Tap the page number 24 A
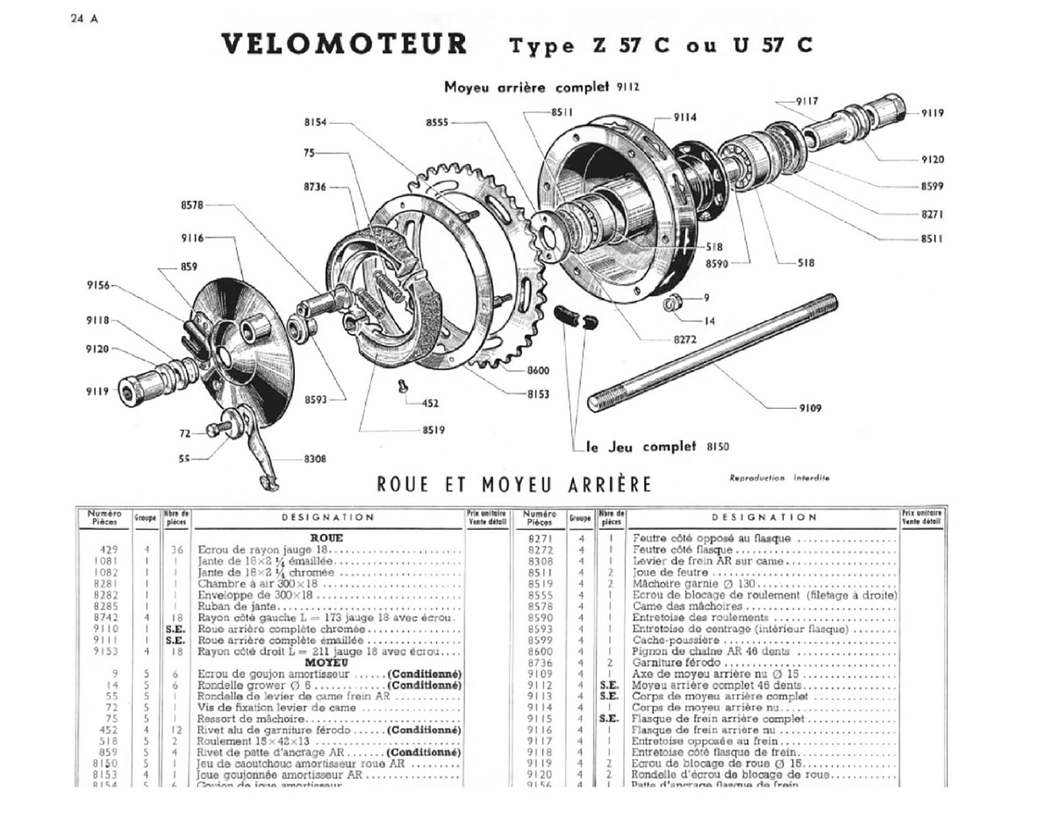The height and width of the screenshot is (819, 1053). [84, 18]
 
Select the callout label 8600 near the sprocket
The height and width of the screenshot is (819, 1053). [537, 371]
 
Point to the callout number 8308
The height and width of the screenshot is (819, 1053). [315, 459]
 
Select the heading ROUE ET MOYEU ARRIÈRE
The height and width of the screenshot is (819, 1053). [514, 485]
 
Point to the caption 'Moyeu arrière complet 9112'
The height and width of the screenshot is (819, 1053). [542, 87]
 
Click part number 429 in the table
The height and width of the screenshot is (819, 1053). [109, 549]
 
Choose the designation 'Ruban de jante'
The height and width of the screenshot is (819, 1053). [237, 606]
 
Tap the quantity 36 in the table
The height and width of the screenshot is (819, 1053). [176, 549]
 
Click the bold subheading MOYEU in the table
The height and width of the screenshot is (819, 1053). [326, 662]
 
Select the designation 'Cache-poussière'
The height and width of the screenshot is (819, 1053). [675, 640]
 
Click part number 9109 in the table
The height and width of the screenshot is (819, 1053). [540, 674]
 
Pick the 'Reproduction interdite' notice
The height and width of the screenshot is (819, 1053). [778, 478]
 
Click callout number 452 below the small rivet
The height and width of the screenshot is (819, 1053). [430, 403]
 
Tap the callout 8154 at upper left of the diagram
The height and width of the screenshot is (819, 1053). [315, 123]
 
